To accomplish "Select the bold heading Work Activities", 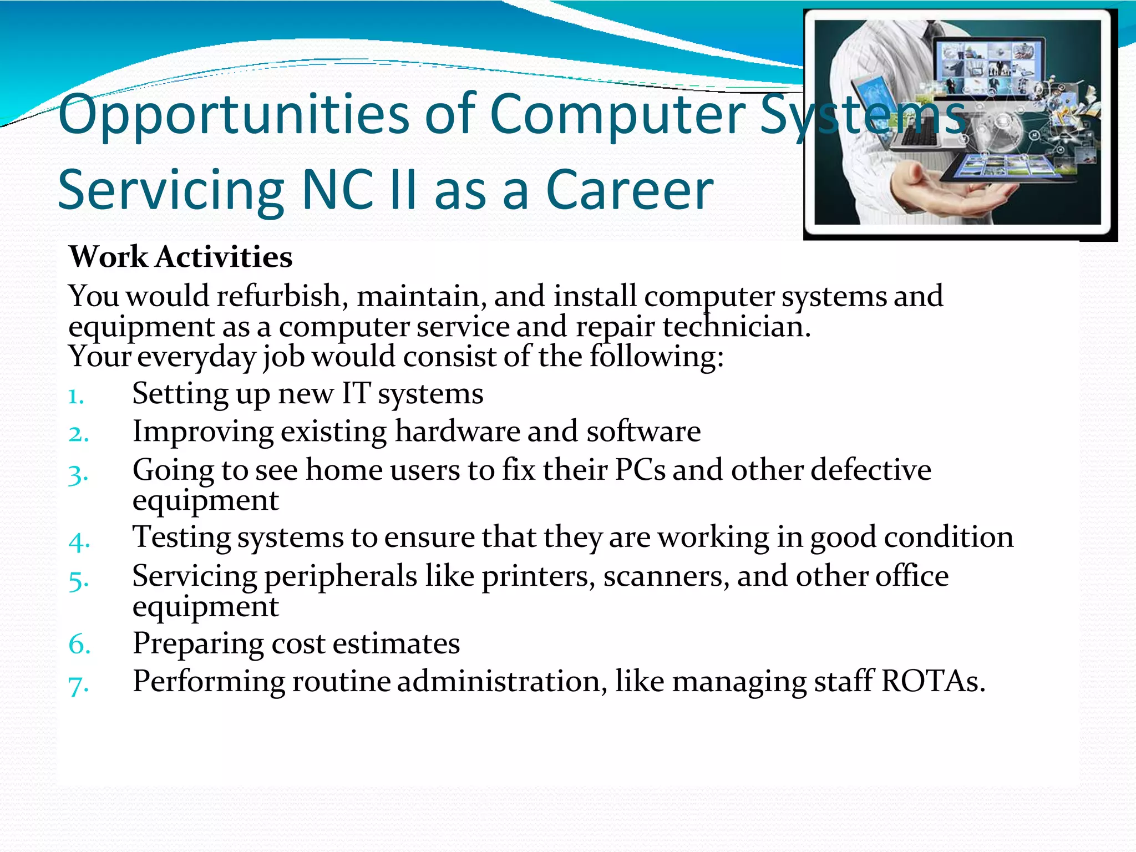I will pos(180,257).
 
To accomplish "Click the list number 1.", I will pos(76,397).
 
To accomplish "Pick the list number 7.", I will pos(78,686).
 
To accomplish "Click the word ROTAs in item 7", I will pos(932,681).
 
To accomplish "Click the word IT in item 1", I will pos(356,394).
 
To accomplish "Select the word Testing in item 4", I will pos(181,538).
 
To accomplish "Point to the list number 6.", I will pos(79,645).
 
